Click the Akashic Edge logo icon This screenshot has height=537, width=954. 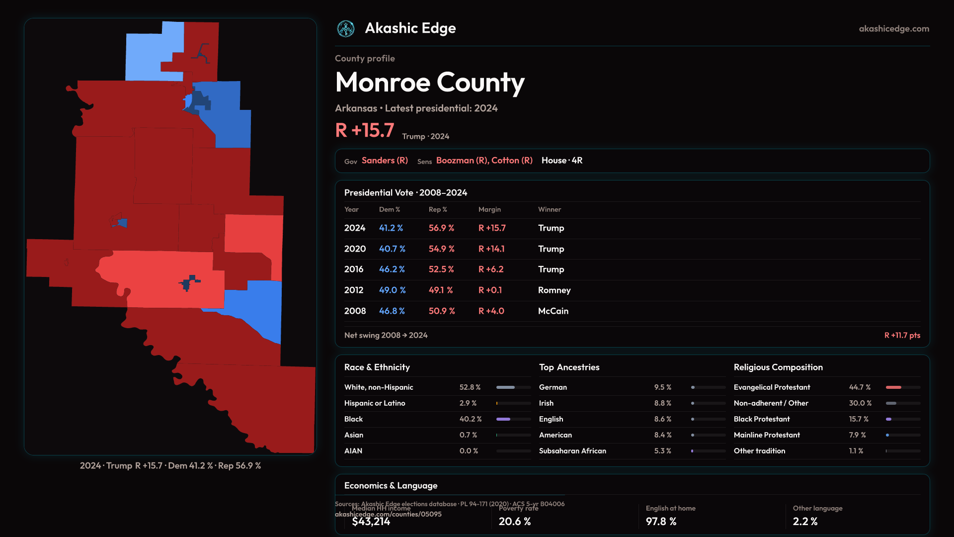346,29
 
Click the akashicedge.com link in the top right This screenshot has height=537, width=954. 894,29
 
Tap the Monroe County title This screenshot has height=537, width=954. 430,83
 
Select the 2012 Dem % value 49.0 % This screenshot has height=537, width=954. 392,290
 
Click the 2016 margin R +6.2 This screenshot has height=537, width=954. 491,269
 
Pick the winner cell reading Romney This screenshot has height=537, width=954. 554,290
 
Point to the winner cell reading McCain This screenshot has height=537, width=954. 553,311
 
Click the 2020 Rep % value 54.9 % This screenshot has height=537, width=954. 441,249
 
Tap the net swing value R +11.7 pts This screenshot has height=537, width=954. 902,335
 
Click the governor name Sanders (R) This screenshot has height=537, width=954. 385,160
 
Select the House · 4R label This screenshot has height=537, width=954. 562,160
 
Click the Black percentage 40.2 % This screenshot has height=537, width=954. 470,419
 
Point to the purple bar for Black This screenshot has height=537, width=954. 503,419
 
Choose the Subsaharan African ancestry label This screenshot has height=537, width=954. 572,451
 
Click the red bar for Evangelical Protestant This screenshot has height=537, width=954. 893,387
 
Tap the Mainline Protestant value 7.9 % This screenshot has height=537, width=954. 857,435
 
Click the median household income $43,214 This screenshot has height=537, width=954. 371,521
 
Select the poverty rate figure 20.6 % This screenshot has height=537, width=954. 515,521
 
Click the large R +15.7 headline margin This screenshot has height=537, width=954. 365,130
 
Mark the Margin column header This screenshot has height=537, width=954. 489,209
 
